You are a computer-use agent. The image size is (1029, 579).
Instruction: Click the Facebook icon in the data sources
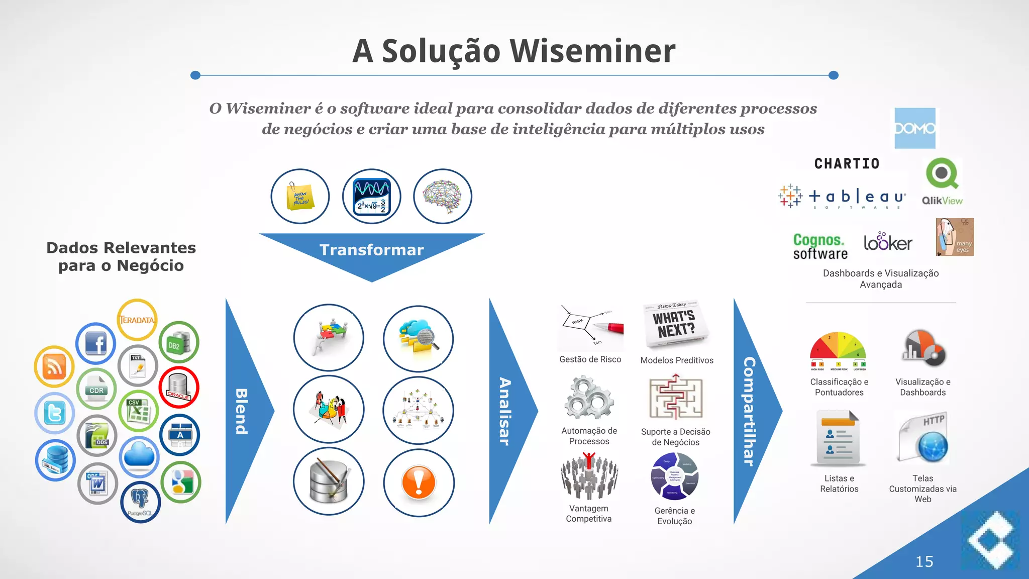[x=95, y=344]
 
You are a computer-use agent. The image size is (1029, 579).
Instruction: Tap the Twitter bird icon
[x=55, y=413]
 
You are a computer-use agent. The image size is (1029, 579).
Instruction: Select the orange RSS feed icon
[x=54, y=366]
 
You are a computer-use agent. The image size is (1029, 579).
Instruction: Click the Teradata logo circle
[x=137, y=320]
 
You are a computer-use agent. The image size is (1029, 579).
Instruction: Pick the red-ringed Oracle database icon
[x=179, y=387]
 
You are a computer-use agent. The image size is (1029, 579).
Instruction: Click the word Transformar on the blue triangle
[x=371, y=250]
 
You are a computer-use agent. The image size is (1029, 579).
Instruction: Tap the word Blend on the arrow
[x=242, y=411]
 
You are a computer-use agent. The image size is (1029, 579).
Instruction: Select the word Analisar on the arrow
[x=504, y=411]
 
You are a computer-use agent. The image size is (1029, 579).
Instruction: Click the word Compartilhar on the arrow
[x=749, y=411]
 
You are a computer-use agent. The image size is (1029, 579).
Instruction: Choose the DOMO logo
[x=915, y=128]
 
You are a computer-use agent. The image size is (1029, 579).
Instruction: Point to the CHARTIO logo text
[x=847, y=164]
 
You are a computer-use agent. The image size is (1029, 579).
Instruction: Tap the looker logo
[x=888, y=242]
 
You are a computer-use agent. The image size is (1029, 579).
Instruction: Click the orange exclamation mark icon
[x=419, y=482]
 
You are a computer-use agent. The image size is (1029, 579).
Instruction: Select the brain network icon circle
[x=443, y=196]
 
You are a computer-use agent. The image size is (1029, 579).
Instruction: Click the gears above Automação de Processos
[x=589, y=398]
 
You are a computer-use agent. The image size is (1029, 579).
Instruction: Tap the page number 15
[x=924, y=561]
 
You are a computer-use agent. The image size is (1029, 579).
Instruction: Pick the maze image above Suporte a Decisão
[x=675, y=398]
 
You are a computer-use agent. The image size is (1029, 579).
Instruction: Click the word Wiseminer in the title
[x=592, y=51]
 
